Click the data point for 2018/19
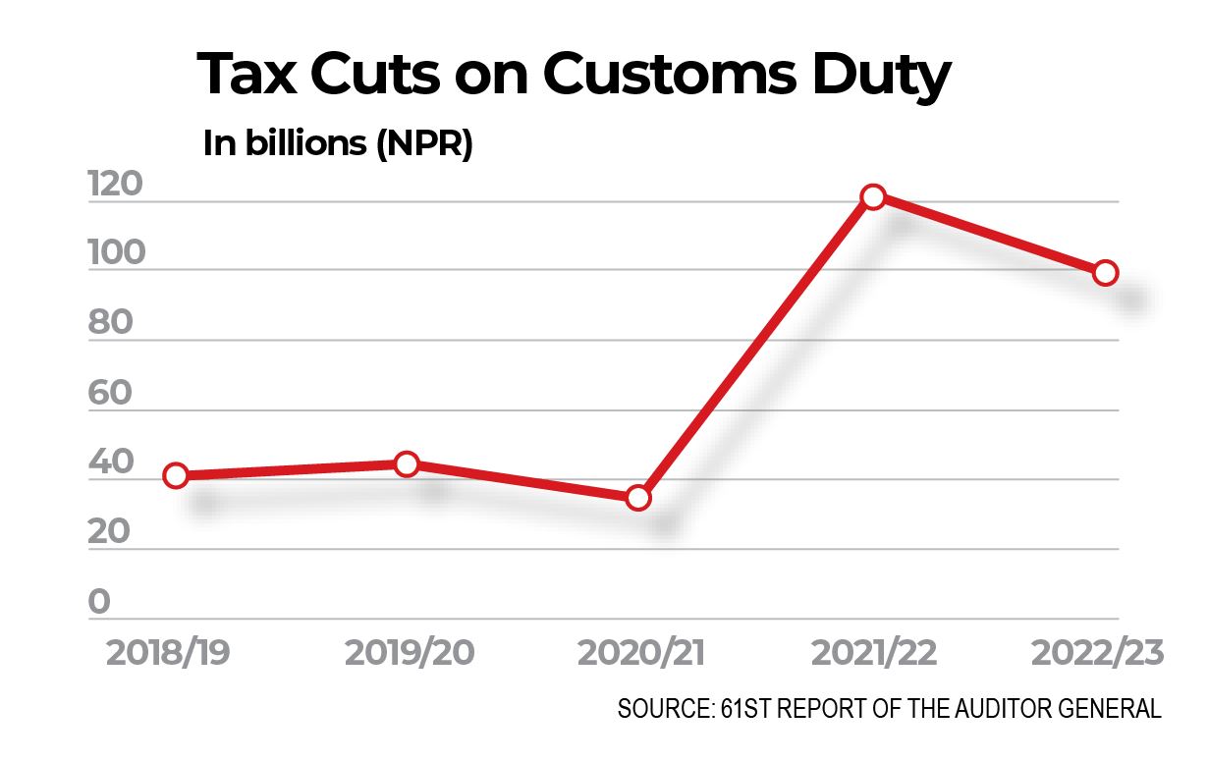click(x=176, y=476)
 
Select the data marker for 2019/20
click(x=407, y=463)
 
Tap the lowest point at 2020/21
click(x=638, y=498)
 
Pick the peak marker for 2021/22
click(x=872, y=196)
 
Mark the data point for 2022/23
click(x=1105, y=273)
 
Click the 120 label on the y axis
click(x=116, y=184)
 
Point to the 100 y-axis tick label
click(x=116, y=253)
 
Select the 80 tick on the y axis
click(x=110, y=323)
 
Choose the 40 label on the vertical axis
click(x=110, y=463)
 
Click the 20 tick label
click(x=110, y=532)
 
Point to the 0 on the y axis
click(x=100, y=602)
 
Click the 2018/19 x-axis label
click(x=168, y=653)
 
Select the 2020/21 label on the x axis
click(x=640, y=653)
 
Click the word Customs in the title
click(x=668, y=76)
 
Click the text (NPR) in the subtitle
click(x=423, y=144)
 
